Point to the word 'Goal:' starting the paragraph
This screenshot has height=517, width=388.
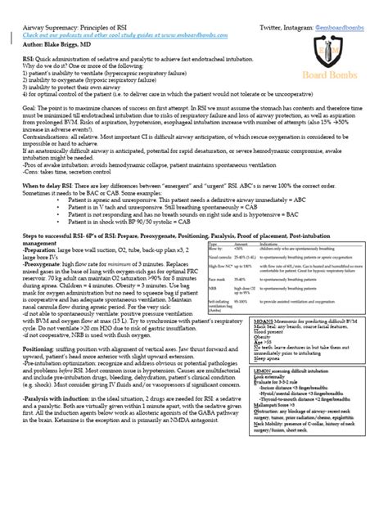click(x=32, y=119)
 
